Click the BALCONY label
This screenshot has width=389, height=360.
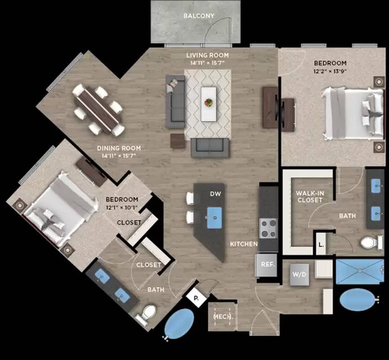[x=199, y=16]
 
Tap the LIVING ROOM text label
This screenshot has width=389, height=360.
[x=208, y=55]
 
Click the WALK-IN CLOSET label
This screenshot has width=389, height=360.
[x=309, y=197]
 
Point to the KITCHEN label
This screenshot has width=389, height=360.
[x=244, y=245]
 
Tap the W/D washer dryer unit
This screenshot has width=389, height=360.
[x=298, y=274]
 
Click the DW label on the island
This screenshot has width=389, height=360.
[x=215, y=194]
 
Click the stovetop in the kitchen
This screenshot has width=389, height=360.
[x=268, y=228]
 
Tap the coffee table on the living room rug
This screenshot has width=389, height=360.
[x=209, y=103]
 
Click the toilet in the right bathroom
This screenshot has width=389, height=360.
[x=369, y=243]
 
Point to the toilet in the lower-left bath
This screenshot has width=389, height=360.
[x=148, y=313]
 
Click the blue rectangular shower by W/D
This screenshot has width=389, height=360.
[x=360, y=272]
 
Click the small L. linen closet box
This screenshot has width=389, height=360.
[x=321, y=245]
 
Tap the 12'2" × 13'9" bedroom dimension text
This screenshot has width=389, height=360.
[x=331, y=72]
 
